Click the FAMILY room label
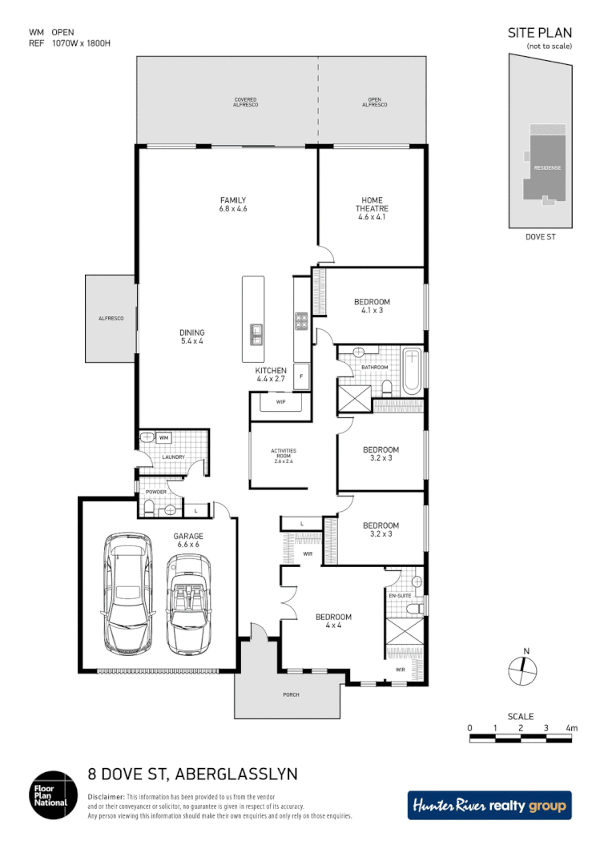(232, 204)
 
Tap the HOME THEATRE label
(371, 208)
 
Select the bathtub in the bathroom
(411, 371)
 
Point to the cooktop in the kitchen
(301, 321)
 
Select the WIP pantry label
(280, 401)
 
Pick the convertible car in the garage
(188, 602)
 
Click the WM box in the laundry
(163, 438)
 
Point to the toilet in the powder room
(148, 506)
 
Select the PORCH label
(291, 694)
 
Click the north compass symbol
(523, 668)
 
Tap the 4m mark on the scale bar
(571, 728)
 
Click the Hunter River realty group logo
(489, 805)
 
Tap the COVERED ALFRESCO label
(245, 102)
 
